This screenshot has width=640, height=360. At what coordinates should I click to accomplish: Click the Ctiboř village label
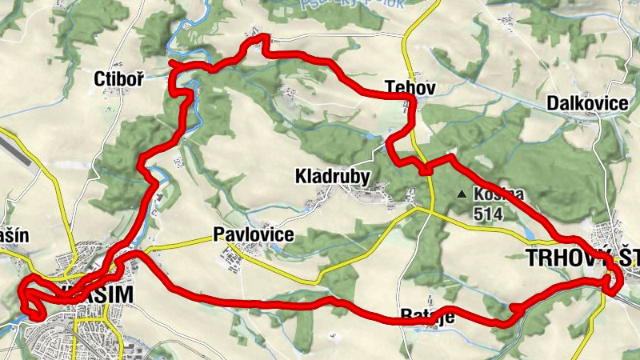coord(113,79)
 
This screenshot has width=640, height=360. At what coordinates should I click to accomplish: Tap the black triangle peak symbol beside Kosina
coord(461,194)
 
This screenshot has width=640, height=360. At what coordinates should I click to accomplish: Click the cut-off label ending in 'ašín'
coord(15,236)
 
